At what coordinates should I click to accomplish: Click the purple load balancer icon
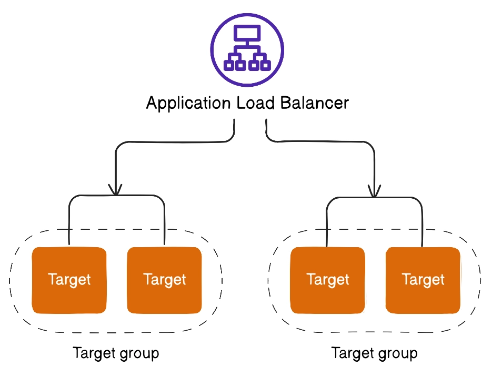[247, 50]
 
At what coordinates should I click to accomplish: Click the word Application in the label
[188, 104]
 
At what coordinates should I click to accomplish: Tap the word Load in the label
[255, 103]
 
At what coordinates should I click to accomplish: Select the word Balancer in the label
[314, 103]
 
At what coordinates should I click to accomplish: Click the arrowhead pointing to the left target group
[115, 189]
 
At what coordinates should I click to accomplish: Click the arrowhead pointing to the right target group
[374, 191]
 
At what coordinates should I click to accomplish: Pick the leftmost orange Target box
[69, 280]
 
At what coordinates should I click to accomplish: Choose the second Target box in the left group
[164, 280]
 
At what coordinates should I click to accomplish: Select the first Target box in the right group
[328, 280]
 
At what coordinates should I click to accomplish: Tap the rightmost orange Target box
[423, 280]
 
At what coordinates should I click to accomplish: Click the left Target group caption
[116, 353]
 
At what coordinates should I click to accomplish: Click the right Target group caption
[375, 353]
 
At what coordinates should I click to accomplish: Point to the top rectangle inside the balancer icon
[247, 33]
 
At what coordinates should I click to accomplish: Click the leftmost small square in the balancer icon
[229, 65]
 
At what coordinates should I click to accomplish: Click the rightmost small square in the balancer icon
[265, 65]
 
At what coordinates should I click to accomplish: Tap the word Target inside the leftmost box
[69, 280]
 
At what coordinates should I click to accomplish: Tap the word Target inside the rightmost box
[423, 280]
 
